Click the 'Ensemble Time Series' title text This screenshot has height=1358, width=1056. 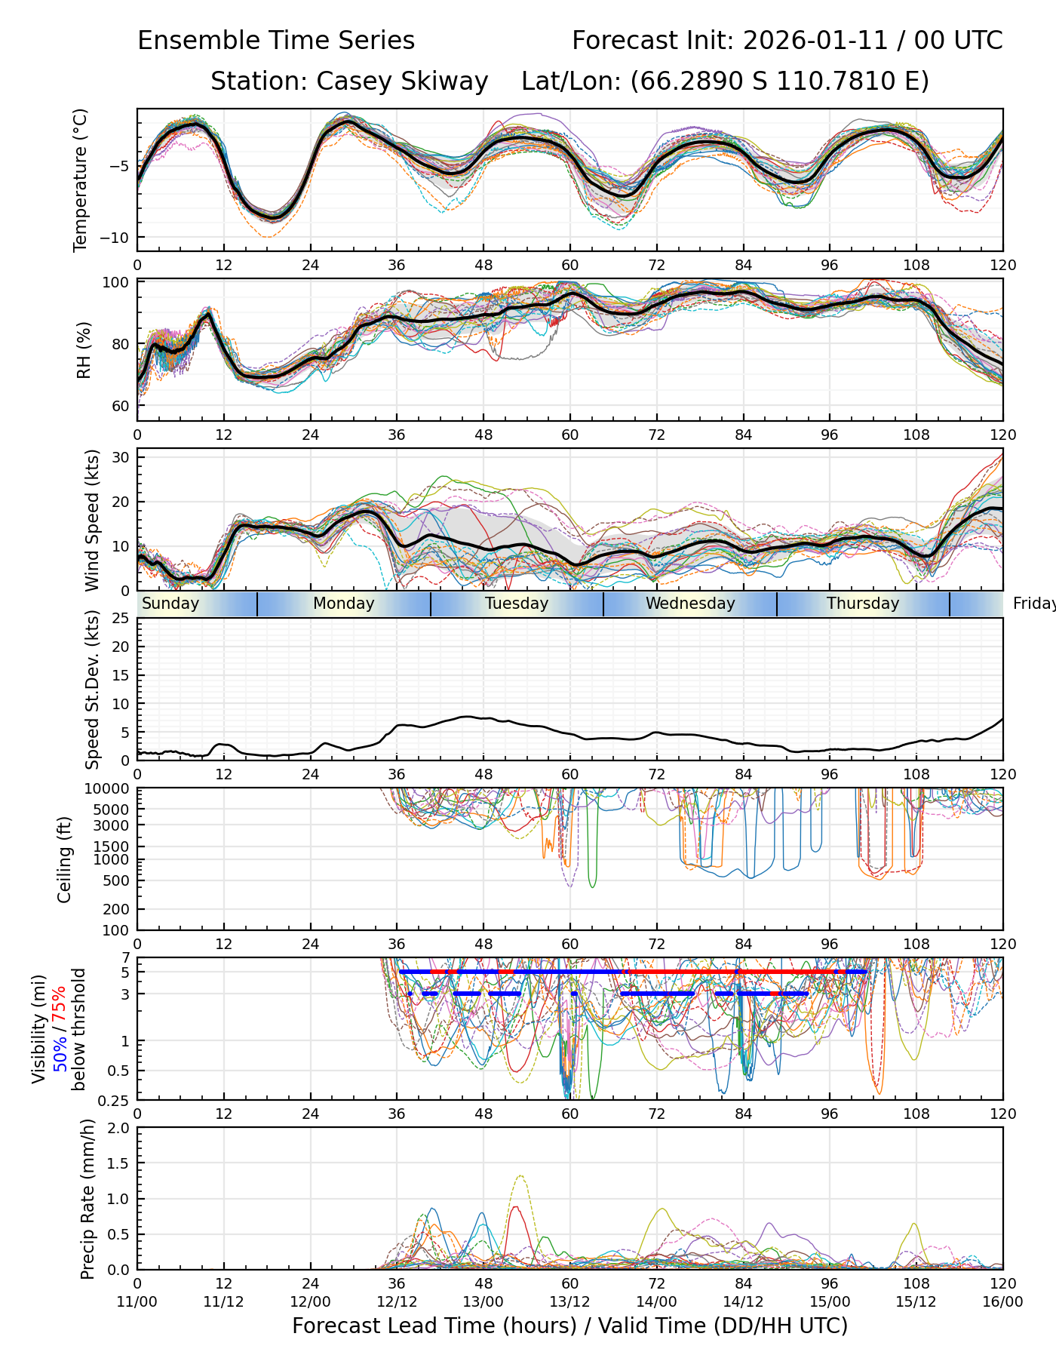click(276, 41)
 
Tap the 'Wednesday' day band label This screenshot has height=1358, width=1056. click(690, 604)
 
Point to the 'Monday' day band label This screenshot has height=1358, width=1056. click(343, 604)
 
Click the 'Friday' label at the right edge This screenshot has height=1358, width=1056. click(1033, 604)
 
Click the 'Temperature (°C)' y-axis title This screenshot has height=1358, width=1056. click(81, 180)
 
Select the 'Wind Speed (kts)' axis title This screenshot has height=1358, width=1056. click(92, 520)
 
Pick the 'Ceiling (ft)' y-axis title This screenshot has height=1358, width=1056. click(65, 859)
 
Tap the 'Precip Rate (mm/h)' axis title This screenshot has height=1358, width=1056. click(88, 1199)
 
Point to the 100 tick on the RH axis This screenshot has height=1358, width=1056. click(116, 282)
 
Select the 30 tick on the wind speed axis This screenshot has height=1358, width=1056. click(121, 457)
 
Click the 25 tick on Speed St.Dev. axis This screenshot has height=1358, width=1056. click(121, 619)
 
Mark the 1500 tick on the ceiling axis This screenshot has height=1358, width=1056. click(113, 846)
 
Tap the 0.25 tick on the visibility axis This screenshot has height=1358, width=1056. click(115, 1099)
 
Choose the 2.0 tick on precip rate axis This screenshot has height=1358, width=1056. click(118, 1128)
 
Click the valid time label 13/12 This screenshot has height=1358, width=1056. click(569, 1302)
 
